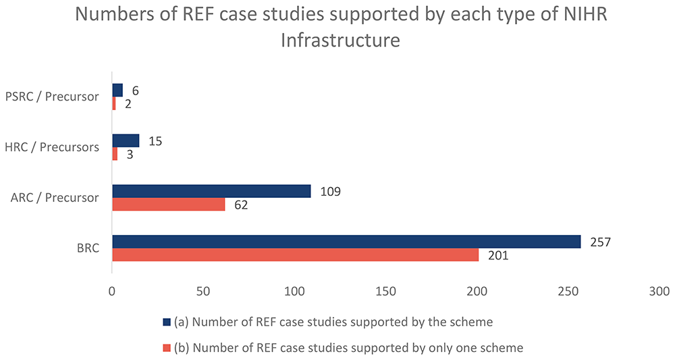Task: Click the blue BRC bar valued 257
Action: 346,241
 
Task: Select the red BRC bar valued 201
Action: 295,255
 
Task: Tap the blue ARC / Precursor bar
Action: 211,191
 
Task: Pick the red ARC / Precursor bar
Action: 168,204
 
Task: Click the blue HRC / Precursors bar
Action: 126,140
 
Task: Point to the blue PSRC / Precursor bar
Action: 117,91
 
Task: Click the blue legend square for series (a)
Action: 166,321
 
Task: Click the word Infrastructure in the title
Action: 340,41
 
